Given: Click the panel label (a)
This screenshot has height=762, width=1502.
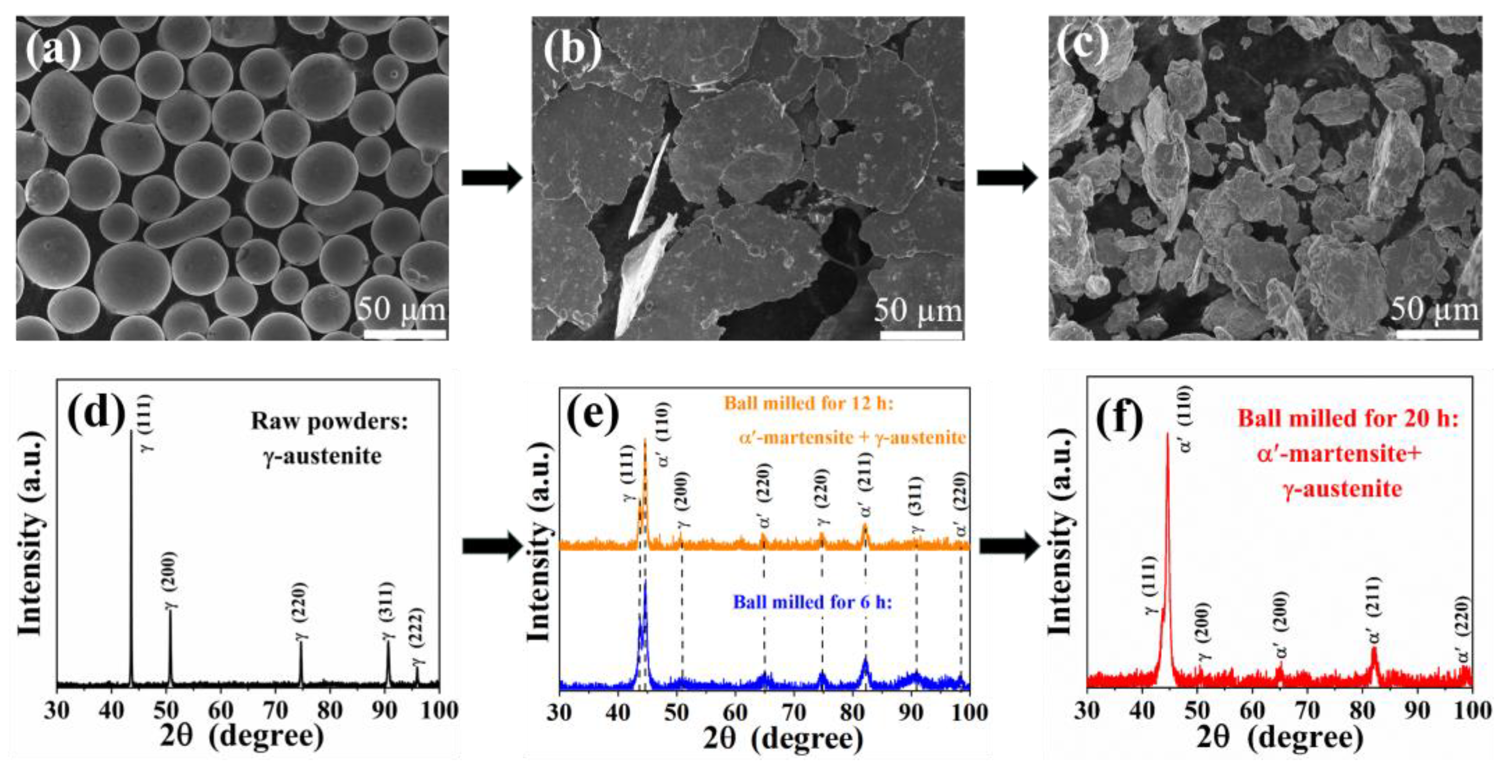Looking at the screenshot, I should click(54, 49).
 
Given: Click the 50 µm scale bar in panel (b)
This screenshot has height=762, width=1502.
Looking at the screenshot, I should click(921, 335).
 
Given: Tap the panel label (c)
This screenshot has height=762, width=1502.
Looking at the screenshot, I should click(1084, 47).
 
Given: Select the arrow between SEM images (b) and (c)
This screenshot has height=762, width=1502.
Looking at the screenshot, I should click(1007, 178).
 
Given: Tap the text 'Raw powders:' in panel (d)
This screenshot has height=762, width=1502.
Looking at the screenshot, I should click(330, 421).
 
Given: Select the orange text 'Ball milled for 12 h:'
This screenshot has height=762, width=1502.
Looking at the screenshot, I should click(809, 403).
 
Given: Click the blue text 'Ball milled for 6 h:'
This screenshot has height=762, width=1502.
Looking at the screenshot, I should click(812, 602).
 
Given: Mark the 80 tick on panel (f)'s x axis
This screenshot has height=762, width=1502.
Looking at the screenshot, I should click(1362, 710).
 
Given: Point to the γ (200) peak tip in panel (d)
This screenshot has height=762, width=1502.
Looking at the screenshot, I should click(170, 610).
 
